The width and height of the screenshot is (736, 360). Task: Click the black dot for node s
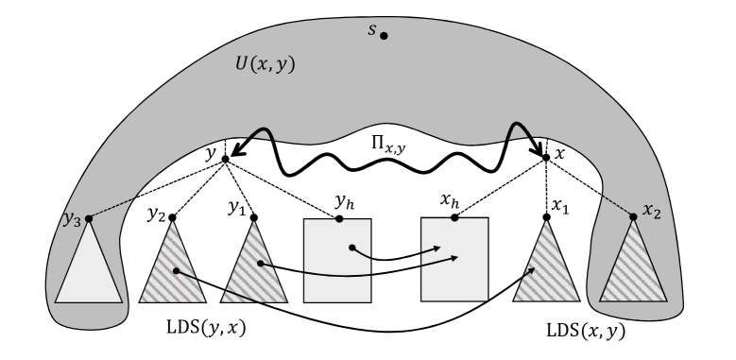click(384, 36)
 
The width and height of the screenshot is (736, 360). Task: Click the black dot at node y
click(225, 159)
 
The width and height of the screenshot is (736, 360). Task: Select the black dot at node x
click(546, 157)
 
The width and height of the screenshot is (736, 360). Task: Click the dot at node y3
click(89, 219)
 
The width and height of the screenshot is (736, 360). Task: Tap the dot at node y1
click(252, 219)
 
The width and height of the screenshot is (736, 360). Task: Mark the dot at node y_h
click(337, 218)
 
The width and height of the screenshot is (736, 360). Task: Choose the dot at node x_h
click(454, 218)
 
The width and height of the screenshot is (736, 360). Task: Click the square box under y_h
click(337, 259)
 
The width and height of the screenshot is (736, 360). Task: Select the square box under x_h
click(454, 259)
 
